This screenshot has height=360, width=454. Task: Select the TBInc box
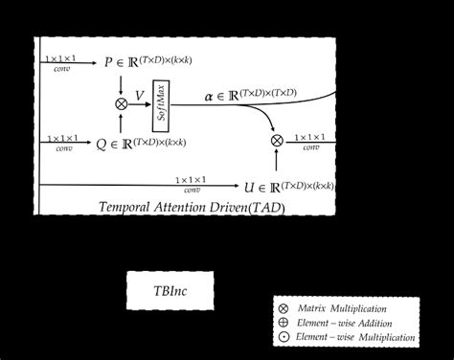170,289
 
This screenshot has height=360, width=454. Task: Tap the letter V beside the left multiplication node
140,95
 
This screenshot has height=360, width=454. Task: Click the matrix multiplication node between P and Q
121,102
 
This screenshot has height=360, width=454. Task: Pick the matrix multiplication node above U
277,141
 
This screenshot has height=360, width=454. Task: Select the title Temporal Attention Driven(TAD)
191,206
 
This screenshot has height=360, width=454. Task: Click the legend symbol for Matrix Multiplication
282,308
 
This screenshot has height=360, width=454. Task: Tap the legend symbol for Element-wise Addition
282,323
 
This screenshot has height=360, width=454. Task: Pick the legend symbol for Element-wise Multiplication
282,337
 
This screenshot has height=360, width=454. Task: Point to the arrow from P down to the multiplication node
121,82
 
